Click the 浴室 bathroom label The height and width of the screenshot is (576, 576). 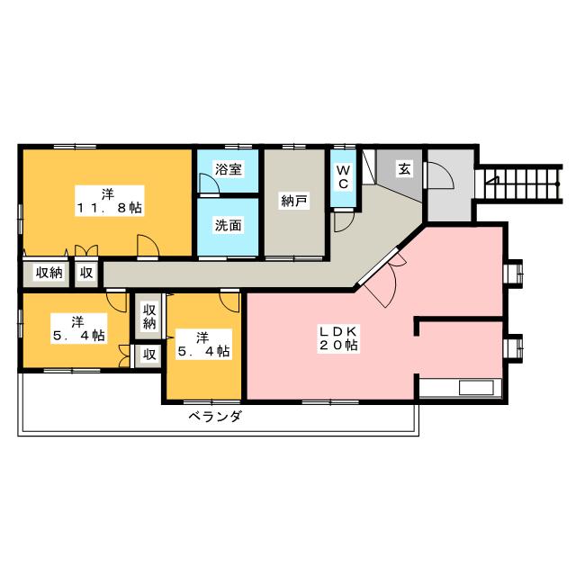(x=228, y=168)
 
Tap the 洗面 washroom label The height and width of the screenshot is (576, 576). (x=228, y=226)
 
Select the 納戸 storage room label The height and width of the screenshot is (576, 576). (x=294, y=201)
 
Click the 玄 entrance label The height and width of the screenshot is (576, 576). (x=405, y=168)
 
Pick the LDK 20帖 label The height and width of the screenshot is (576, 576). (x=337, y=338)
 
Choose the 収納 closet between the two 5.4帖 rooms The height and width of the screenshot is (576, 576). (x=149, y=317)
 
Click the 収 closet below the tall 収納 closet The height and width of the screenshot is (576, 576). (x=149, y=355)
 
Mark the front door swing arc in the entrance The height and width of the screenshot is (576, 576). (x=438, y=175)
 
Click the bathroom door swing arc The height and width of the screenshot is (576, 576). (x=208, y=184)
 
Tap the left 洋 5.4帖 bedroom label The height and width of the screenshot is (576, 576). (x=76, y=328)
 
